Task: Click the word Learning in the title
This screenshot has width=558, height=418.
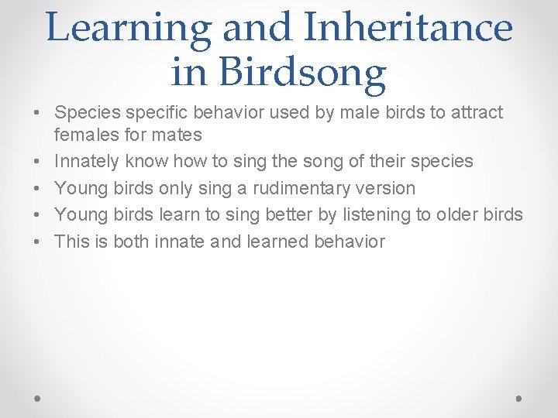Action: pos(128,28)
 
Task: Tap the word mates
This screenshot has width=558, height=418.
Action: pos(179,135)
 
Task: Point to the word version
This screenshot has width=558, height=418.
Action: pos(387,188)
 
